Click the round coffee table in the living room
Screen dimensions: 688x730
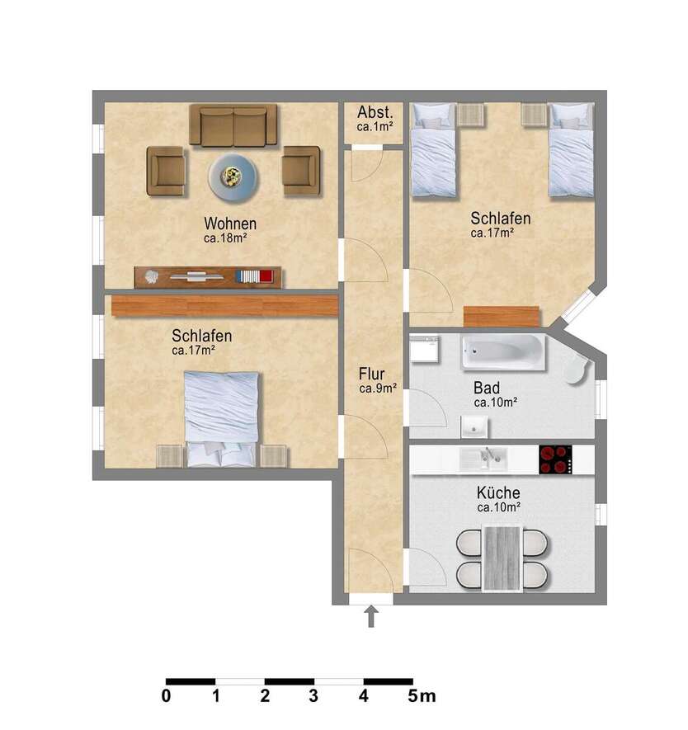click(x=233, y=177)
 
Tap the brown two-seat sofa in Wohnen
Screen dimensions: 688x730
click(x=233, y=125)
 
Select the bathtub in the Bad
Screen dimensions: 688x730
click(x=502, y=352)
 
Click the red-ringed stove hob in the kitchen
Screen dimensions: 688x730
click(x=555, y=459)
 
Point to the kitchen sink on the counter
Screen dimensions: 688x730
click(x=483, y=459)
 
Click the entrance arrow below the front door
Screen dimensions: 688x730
click(x=371, y=616)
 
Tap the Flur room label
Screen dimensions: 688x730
click(x=371, y=374)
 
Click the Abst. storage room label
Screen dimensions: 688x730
click(x=375, y=112)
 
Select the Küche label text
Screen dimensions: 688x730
click(x=498, y=492)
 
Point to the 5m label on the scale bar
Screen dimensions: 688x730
click(x=422, y=696)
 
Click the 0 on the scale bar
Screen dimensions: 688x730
click(x=166, y=696)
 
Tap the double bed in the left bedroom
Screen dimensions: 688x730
click(x=221, y=419)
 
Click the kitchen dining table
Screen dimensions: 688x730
click(x=502, y=558)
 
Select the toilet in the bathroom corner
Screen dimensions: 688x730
click(x=577, y=370)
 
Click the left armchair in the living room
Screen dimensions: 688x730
click(x=166, y=171)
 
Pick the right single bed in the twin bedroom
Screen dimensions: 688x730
click(x=571, y=149)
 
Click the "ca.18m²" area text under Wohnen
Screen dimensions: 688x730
click(x=225, y=238)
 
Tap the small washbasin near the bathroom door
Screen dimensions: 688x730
click(x=474, y=427)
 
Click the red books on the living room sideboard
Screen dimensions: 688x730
click(x=266, y=276)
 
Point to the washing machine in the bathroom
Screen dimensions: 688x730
click(x=424, y=349)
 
